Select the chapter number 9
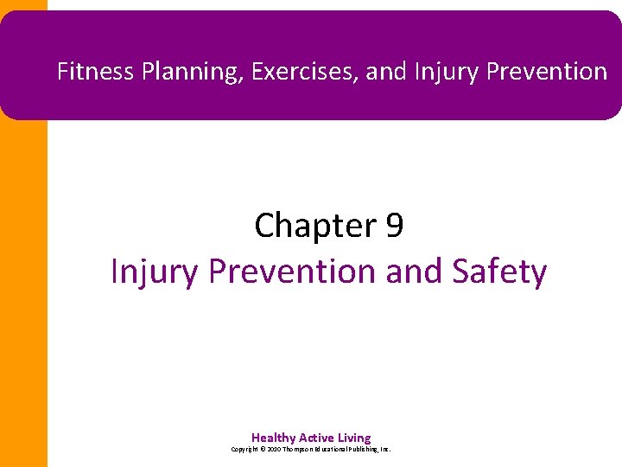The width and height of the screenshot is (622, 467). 394,227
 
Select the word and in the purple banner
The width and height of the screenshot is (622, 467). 385,72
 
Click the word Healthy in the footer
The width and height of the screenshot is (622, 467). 273,438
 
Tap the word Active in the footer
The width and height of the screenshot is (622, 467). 318,438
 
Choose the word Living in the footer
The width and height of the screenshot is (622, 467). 356,438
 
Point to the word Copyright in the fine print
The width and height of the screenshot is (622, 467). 244,450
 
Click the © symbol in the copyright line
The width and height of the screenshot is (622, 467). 263,450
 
